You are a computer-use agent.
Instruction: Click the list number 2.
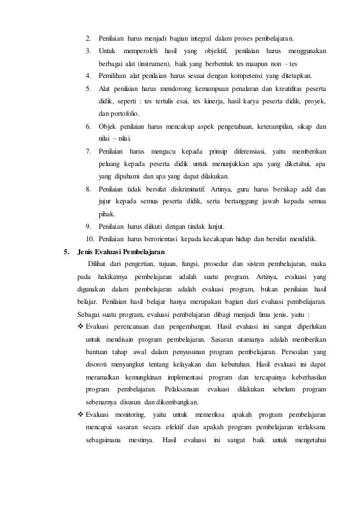(x=87, y=38)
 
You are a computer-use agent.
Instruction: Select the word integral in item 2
(x=201, y=38)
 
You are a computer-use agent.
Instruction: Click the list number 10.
(x=89, y=239)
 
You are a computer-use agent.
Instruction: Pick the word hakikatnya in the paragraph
(x=111, y=277)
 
